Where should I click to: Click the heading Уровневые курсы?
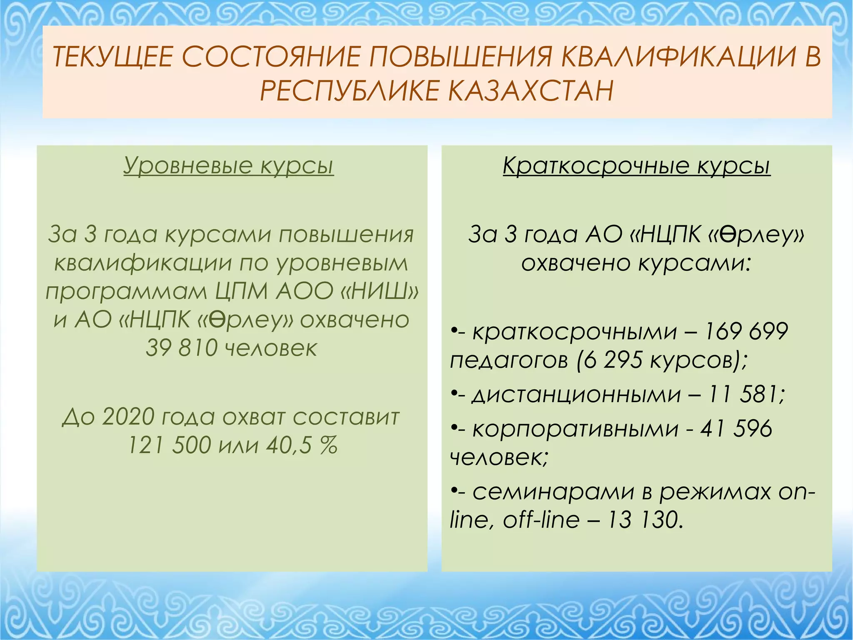tap(229, 165)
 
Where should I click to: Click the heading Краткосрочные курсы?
tap(636, 165)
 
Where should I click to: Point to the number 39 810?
tap(182, 348)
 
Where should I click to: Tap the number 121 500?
tap(169, 445)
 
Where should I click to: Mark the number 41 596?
tap(736, 429)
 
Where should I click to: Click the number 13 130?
tap(644, 520)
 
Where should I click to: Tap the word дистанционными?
tap(576, 394)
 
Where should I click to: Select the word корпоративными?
tap(576, 429)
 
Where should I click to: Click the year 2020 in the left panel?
tap(128, 417)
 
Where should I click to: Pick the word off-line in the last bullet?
tap(541, 520)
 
